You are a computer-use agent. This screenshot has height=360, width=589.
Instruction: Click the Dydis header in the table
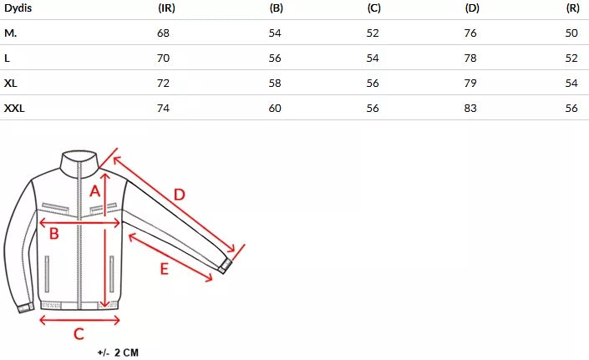point(18,8)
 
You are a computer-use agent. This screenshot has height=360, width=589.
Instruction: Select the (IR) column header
point(166,8)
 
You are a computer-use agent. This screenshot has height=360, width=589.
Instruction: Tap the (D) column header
point(472,8)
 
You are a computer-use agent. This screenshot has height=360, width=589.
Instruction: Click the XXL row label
point(14,109)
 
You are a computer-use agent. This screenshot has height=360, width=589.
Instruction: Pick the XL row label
point(11,84)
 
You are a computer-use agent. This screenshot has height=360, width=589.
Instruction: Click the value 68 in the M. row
point(164,33)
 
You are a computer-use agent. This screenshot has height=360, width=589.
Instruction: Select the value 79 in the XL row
point(470,84)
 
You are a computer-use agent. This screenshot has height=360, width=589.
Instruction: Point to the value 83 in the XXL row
point(470,109)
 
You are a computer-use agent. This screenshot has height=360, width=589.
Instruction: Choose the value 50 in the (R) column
point(571,33)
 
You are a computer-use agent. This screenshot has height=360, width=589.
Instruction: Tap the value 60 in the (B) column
point(275,109)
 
